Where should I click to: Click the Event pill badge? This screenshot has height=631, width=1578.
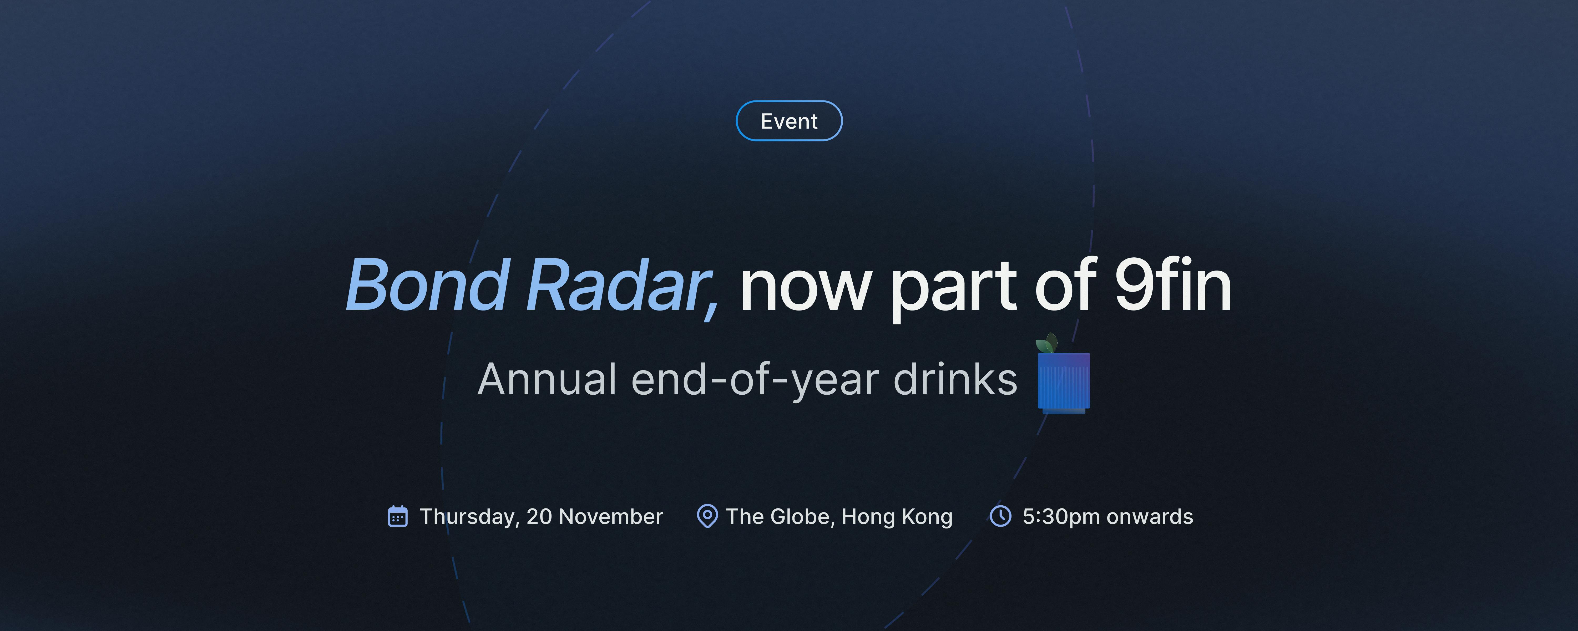coord(789,121)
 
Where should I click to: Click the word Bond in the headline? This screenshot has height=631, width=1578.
coord(428,285)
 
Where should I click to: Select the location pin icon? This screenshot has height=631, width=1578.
coord(707,516)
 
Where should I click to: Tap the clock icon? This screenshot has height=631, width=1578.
coord(1000,516)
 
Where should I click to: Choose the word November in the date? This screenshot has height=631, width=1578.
coord(611,516)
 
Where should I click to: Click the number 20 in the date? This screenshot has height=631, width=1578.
coord(539,516)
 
